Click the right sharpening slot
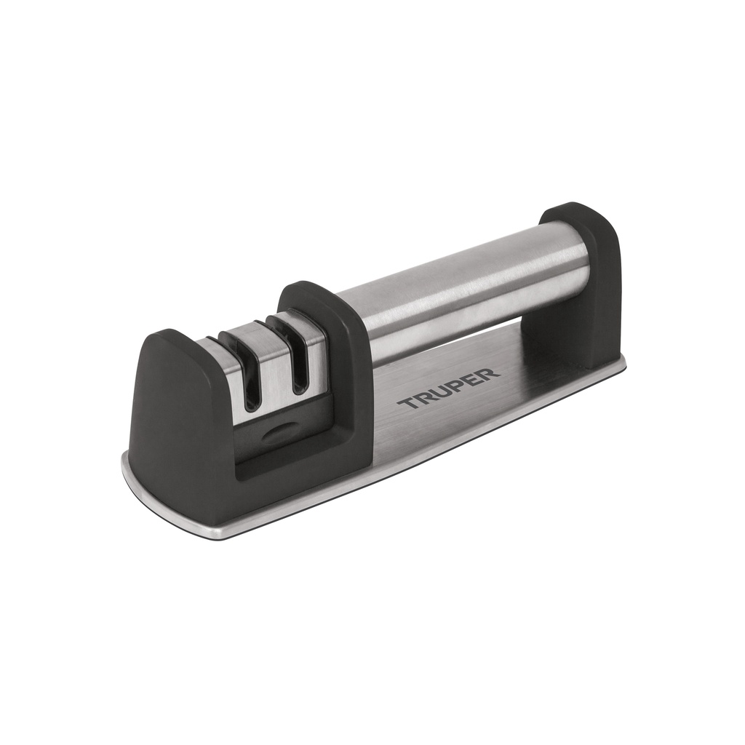tap(297, 364)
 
